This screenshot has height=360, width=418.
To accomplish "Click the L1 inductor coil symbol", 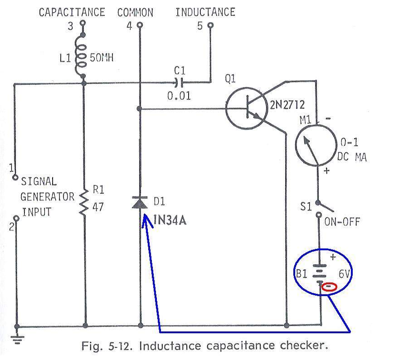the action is click(x=80, y=56).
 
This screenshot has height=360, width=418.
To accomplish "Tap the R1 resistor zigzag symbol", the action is click(x=84, y=202).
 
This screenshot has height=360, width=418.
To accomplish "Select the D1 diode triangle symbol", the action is click(x=140, y=202).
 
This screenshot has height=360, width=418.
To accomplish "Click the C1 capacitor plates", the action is click(x=178, y=83).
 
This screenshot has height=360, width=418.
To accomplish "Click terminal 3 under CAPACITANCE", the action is click(x=83, y=23).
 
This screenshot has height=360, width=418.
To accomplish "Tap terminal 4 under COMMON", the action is click(x=140, y=25).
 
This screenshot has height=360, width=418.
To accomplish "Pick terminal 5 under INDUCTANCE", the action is click(x=210, y=25).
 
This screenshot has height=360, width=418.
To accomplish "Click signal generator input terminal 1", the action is click(x=15, y=177).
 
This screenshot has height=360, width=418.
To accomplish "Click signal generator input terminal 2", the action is click(x=16, y=219).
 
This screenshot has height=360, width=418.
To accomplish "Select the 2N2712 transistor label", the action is click(x=287, y=105).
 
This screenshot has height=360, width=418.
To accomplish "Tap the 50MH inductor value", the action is click(x=102, y=58).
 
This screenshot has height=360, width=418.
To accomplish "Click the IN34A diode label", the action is click(x=170, y=220).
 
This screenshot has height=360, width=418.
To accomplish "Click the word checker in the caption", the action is click(x=304, y=345).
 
